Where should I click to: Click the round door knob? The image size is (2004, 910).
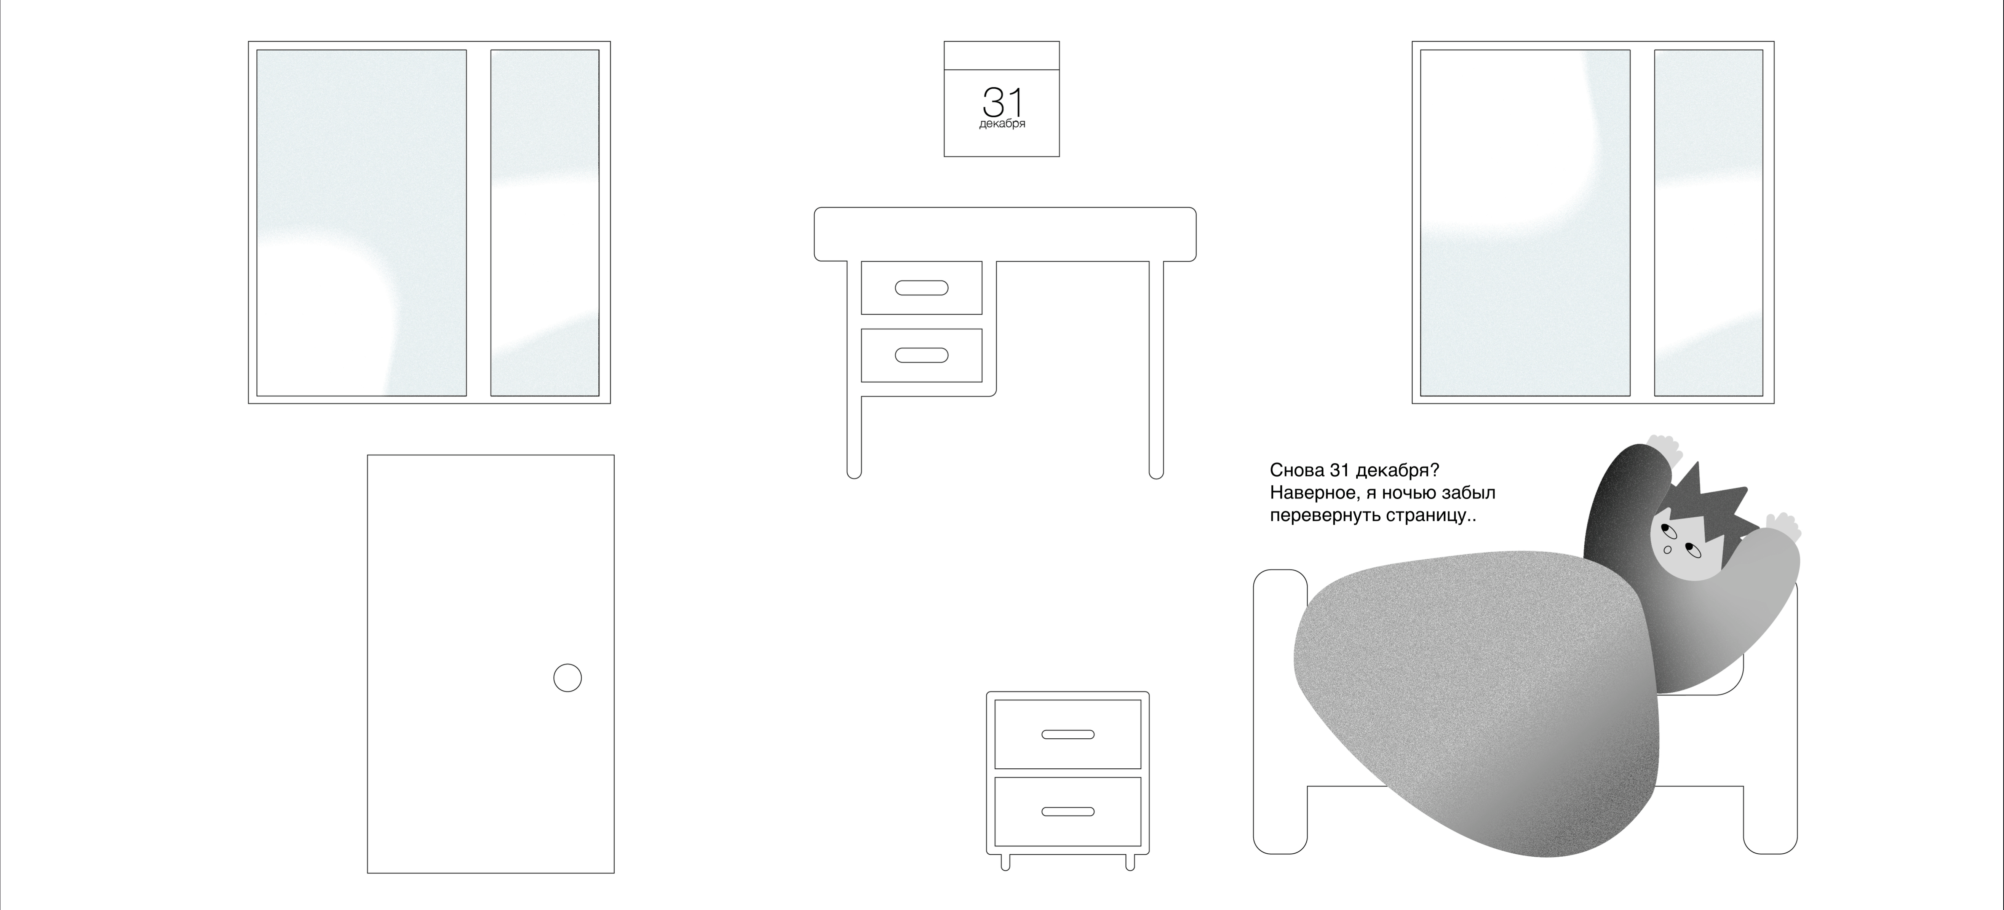567,677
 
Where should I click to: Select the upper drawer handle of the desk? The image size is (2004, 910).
921,288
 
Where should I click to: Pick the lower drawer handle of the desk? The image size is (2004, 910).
921,356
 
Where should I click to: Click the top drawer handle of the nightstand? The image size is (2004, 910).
1068,734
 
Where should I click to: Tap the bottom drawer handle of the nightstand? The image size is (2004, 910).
1068,811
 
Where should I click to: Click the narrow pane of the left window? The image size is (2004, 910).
545,223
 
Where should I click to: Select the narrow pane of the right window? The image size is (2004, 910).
1708,223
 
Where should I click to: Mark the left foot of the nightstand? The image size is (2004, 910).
1005,862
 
